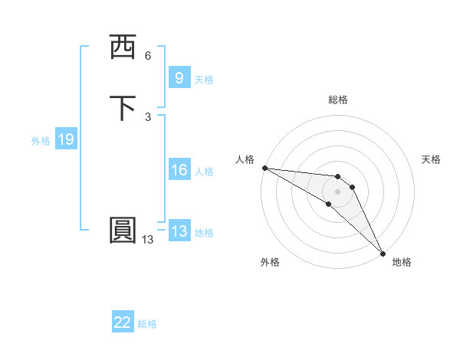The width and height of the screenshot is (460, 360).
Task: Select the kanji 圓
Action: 123,231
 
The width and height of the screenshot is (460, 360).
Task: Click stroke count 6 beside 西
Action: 148,56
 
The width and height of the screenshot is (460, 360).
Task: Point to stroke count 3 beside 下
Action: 148,116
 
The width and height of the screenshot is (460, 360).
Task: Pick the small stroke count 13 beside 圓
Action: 148,240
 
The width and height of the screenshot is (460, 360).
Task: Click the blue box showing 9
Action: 179,78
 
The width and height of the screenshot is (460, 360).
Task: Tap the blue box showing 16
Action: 179,171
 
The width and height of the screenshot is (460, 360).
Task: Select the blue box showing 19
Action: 66,139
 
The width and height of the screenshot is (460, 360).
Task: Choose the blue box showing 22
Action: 123,323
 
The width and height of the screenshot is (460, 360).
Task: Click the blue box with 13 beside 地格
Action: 179,231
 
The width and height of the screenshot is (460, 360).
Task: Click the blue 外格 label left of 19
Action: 41,141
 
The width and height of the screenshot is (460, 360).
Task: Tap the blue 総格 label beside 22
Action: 147,325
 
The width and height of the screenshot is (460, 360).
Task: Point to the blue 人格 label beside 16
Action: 204,172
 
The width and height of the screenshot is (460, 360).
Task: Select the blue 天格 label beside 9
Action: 204,80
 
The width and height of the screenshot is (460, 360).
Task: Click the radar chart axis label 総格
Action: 338,100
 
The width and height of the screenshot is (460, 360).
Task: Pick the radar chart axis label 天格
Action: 431,159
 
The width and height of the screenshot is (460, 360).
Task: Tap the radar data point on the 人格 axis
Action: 264,168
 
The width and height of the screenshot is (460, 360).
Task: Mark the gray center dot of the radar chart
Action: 337,191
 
